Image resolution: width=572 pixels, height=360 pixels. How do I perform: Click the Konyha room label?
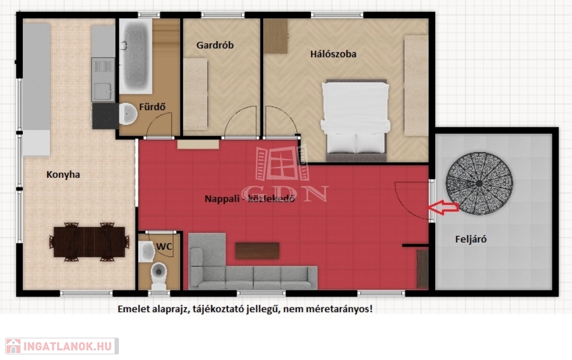click(x=63, y=175)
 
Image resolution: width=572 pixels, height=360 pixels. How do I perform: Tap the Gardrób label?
click(x=215, y=45)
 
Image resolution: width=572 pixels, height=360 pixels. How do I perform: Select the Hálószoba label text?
click(x=333, y=54)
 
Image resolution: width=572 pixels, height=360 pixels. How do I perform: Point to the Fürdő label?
click(x=152, y=107)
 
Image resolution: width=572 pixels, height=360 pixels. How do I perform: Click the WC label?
click(x=164, y=247)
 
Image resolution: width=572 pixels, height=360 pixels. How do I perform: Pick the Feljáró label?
click(x=470, y=239)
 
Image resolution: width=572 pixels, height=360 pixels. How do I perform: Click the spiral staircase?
click(x=479, y=183)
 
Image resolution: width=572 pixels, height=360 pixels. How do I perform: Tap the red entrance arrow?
click(x=443, y=207)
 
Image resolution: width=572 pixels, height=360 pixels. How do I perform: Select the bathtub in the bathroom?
click(x=136, y=56)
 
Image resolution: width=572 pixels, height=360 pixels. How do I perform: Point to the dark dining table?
click(x=89, y=242)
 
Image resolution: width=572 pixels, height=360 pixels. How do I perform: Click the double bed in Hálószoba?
click(x=356, y=121)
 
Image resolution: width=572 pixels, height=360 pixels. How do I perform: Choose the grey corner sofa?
click(x=252, y=262)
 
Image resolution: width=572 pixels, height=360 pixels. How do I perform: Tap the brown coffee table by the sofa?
click(x=257, y=251)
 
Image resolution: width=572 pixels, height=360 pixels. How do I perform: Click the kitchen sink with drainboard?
click(x=103, y=79)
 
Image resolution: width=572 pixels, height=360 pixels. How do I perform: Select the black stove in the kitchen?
click(x=106, y=116)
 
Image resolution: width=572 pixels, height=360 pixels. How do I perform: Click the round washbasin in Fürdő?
click(x=128, y=113)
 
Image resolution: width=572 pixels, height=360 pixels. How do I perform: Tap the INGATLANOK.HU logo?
click(x=61, y=346)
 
